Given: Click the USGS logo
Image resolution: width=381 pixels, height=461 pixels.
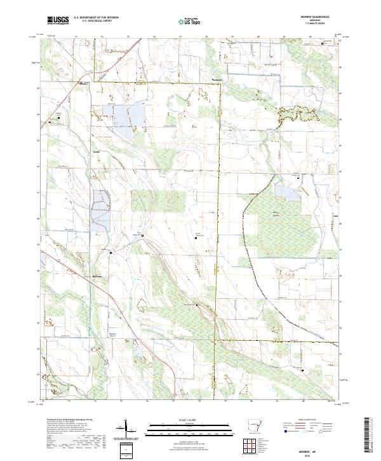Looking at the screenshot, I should (58, 21).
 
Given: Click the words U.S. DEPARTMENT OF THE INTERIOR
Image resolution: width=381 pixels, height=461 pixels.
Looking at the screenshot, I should (96, 18).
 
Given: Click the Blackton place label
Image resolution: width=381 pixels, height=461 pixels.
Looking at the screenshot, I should (218, 79).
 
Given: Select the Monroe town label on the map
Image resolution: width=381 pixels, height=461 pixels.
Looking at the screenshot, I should (83, 83).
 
